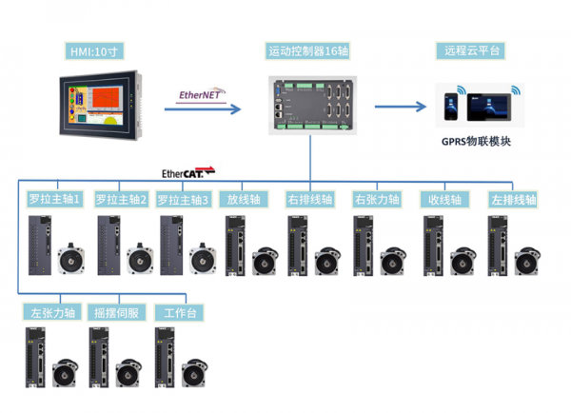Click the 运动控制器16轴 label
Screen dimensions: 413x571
tap(309, 50)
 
